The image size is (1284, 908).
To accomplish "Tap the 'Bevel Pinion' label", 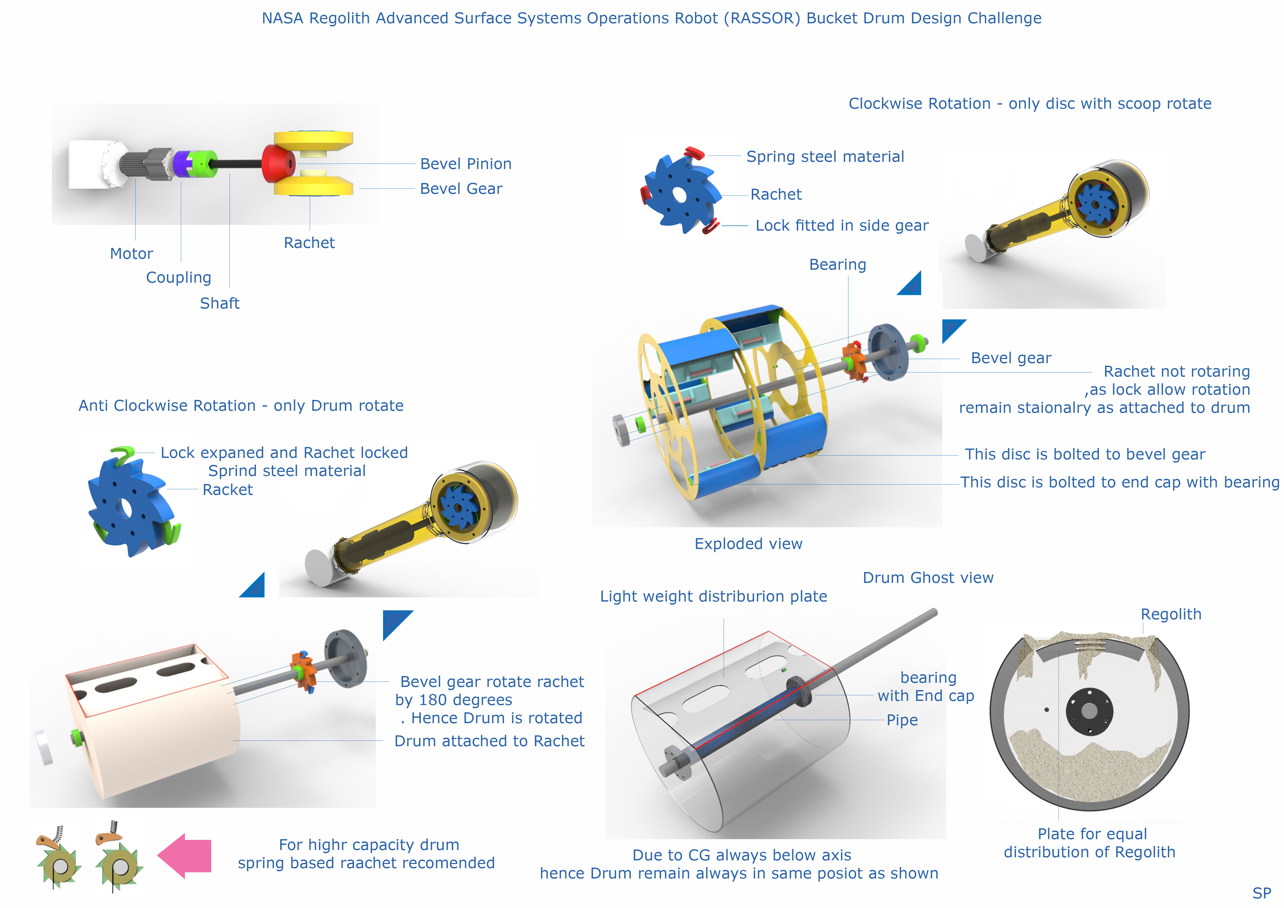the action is [x=466, y=164].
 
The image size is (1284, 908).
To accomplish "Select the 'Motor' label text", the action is [x=131, y=254].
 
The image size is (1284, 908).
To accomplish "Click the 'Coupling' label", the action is [x=178, y=278].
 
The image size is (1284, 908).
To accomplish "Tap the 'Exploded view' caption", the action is [x=748, y=544].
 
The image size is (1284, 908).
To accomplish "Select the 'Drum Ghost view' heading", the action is [x=928, y=577].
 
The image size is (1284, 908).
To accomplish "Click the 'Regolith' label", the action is [x=1171, y=614].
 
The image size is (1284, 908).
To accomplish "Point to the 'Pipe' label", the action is [x=902, y=720].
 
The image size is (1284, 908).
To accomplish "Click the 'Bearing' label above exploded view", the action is [x=838, y=265].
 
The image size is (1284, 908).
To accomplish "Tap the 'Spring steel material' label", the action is [x=825, y=157].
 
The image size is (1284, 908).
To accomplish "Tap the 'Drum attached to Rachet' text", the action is [x=489, y=741].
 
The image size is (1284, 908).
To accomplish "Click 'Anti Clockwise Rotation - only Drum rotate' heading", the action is [x=241, y=406].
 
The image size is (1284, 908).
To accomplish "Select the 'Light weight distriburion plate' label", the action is [x=714, y=597].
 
